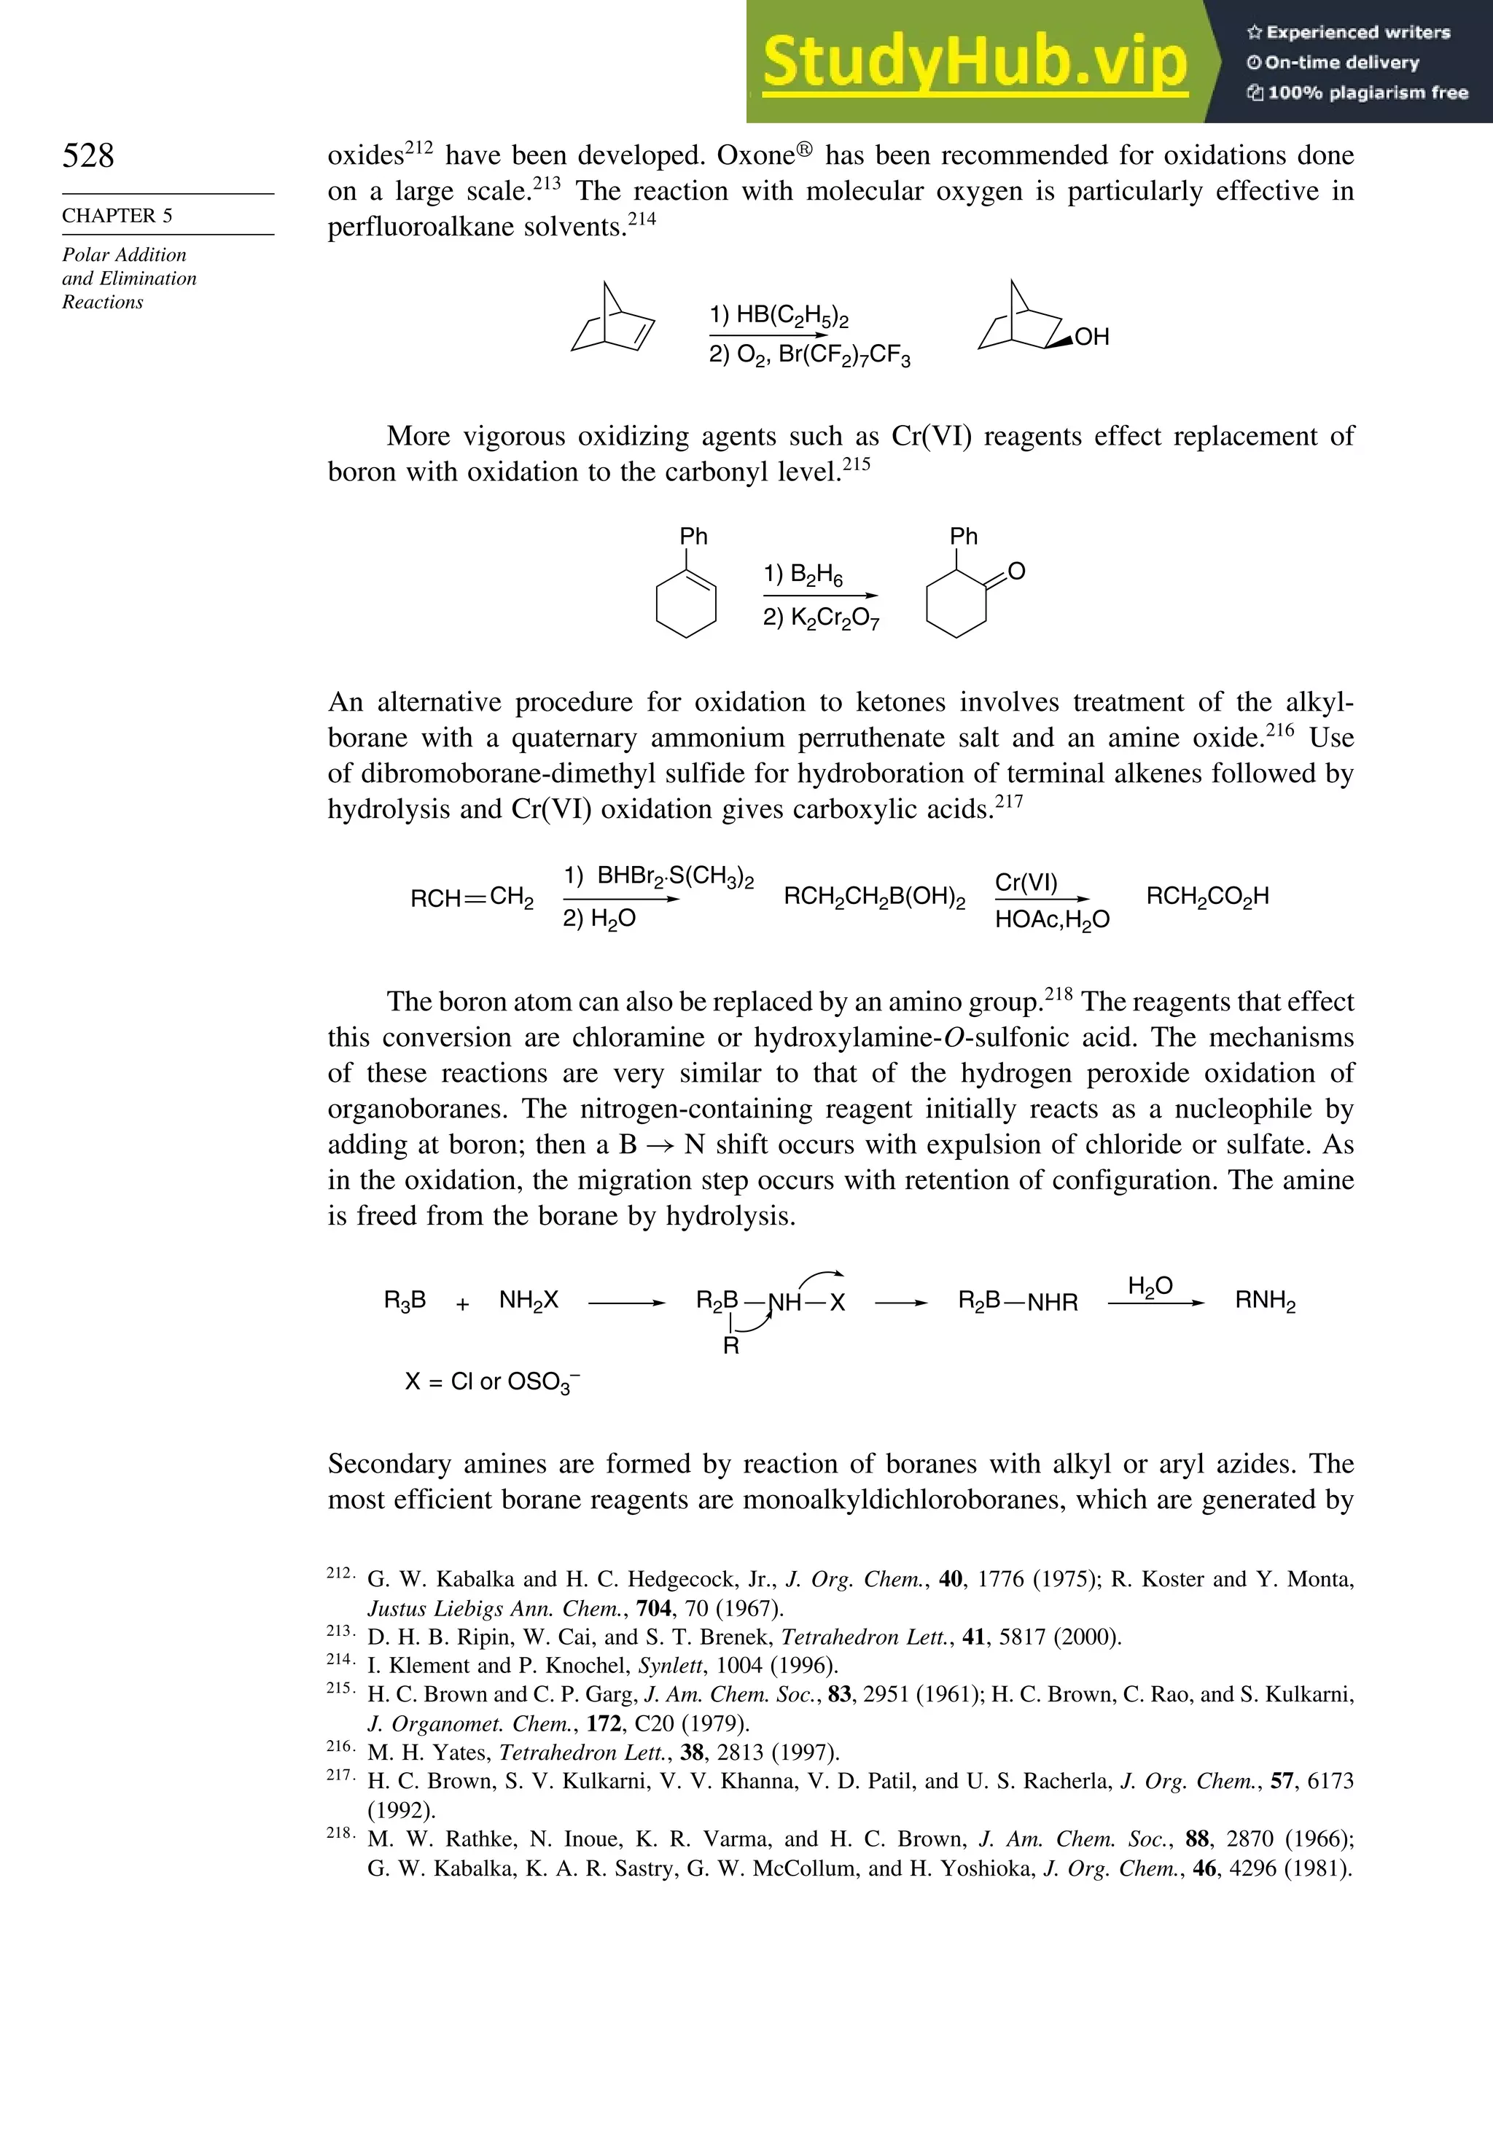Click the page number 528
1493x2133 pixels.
[88, 155]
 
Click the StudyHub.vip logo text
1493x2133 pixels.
[975, 62]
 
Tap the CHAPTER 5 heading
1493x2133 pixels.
[117, 216]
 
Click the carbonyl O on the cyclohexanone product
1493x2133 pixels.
[1016, 572]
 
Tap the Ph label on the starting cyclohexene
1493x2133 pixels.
[693, 537]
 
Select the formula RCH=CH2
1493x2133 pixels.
[472, 898]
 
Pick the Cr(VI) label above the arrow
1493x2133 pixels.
[1026, 883]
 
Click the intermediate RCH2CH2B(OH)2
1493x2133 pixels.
[874, 897]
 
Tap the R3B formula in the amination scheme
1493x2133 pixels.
[405, 1301]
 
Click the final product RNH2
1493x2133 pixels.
[1264, 1301]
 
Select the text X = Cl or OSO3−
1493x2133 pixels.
[492, 1382]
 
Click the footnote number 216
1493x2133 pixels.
[339, 1747]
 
